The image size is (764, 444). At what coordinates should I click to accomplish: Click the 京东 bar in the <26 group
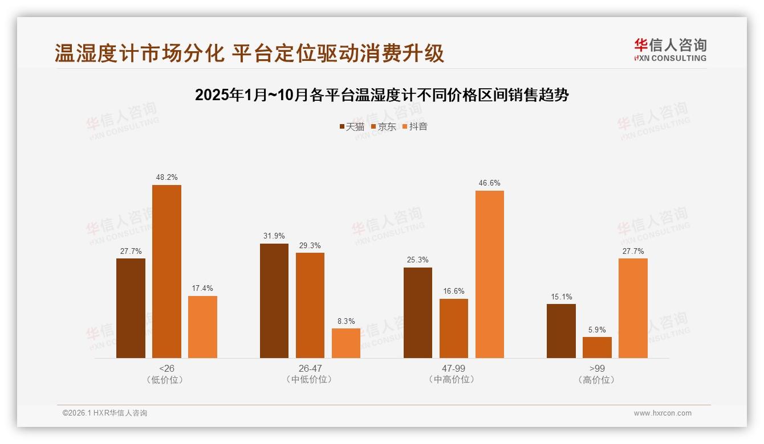tap(166, 272)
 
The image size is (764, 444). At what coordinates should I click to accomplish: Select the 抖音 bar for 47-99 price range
tap(490, 274)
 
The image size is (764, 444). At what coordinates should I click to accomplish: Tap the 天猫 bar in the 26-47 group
tap(274, 301)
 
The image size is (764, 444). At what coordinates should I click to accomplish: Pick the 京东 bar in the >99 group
tap(597, 347)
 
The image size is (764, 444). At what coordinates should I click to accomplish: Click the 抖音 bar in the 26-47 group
tap(346, 343)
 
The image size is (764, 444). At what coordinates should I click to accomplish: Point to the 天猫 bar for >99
tap(561, 331)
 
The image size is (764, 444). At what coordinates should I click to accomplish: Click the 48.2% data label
tap(166, 177)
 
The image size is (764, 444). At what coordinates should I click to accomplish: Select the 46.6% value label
tap(490, 183)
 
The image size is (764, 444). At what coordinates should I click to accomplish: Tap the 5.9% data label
tap(597, 330)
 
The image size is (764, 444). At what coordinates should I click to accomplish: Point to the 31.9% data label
tap(274, 236)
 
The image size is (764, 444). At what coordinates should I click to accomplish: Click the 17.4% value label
tap(202, 288)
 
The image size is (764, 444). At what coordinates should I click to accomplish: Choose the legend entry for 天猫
tap(352, 126)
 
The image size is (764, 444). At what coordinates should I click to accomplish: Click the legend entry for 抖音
tap(415, 126)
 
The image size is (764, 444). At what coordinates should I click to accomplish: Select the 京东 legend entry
tap(384, 126)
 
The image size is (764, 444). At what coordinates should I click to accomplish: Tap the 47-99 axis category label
tap(454, 368)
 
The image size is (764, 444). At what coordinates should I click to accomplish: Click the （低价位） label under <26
tap(166, 380)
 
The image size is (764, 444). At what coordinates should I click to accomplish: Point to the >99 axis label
tap(597, 368)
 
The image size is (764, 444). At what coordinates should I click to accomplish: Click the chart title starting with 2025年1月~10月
tap(382, 94)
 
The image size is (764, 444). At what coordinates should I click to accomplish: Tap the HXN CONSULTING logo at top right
tap(670, 50)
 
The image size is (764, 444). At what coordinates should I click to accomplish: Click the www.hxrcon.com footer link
tap(663, 413)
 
